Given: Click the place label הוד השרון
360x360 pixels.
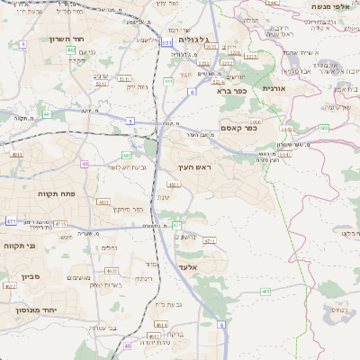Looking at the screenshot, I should click(92, 40).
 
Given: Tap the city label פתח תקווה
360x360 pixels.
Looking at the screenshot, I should click(55, 193).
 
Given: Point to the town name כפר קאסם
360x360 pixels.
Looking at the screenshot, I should click(238, 128).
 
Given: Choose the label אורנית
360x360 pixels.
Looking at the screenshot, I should click(274, 89).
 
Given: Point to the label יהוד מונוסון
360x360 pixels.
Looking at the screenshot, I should click(33, 309).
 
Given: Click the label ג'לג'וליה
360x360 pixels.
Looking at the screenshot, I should click(193, 40).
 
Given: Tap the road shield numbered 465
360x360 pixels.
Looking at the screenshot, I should click(265, 292).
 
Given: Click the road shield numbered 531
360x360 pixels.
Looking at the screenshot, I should click(167, 42).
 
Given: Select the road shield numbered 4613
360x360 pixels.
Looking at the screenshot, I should click(112, 270).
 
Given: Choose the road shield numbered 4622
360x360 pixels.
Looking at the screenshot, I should click(10, 286).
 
